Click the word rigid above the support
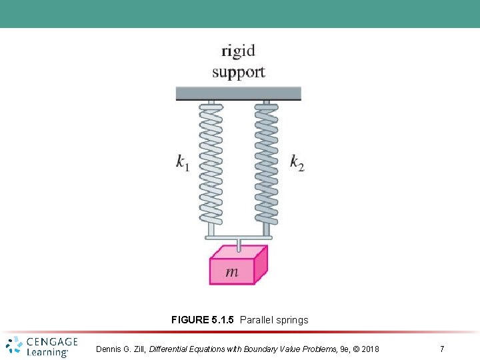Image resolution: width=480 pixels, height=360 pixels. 238,51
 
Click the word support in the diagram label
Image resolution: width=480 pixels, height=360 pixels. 238,72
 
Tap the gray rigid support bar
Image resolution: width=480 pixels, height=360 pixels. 238,93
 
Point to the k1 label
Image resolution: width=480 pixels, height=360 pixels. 183,162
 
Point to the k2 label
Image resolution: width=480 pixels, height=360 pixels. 297,162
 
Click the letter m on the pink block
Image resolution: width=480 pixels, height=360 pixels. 232,271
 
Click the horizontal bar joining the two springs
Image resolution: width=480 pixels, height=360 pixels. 238,237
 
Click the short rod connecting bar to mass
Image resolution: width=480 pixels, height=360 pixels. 239,245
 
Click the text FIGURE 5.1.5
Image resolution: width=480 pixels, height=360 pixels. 203,320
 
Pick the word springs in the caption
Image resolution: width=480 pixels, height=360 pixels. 293,320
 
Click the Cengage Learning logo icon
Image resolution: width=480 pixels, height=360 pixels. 14,346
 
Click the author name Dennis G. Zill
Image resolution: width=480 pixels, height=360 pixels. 121,349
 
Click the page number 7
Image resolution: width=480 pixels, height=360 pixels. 442,349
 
